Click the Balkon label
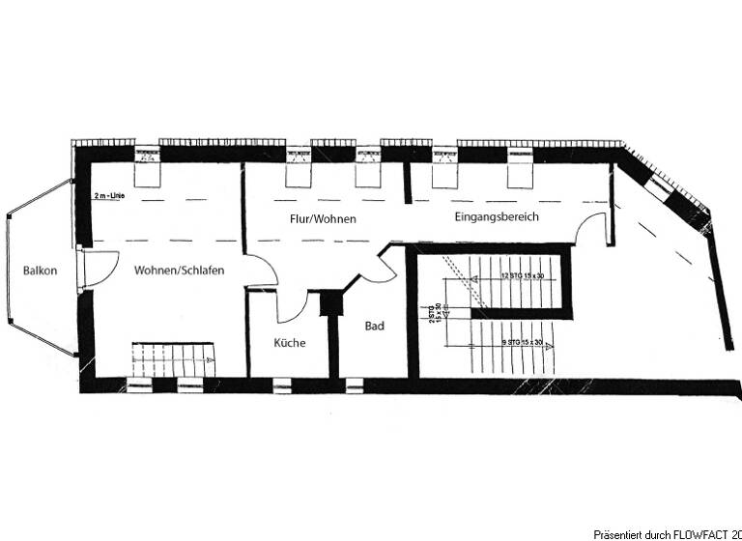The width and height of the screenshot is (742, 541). click(x=41, y=270)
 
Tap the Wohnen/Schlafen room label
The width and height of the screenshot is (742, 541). click(x=180, y=270)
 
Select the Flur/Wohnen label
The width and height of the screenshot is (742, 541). click(x=323, y=219)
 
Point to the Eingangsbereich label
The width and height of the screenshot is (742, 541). click(x=497, y=217)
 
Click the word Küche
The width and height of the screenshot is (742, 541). click(x=290, y=343)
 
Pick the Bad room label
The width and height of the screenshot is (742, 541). click(x=375, y=327)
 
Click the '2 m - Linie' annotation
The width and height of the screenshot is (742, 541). click(x=111, y=196)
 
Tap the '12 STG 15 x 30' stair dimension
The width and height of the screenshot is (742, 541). click(x=523, y=276)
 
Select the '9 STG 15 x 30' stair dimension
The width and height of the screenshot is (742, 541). click(x=523, y=343)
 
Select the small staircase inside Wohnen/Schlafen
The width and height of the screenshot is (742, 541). click(x=172, y=359)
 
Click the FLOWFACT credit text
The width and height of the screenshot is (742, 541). click(x=667, y=533)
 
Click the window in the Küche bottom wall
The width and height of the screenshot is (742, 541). click(x=282, y=385)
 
